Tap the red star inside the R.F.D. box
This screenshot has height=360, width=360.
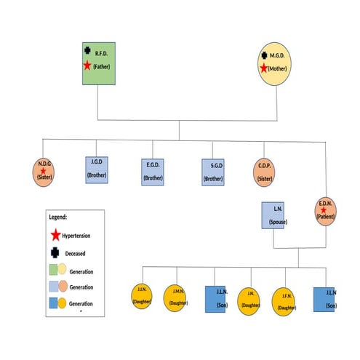click(x=87, y=65)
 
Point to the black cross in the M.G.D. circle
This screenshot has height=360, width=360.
click(x=265, y=55)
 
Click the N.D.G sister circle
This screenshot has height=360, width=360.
click(x=44, y=172)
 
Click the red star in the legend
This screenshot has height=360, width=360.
click(x=55, y=236)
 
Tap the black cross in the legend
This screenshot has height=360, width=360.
click(x=55, y=253)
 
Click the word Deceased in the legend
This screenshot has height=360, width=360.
click(x=78, y=254)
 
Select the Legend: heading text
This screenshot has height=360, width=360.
click(x=58, y=217)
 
